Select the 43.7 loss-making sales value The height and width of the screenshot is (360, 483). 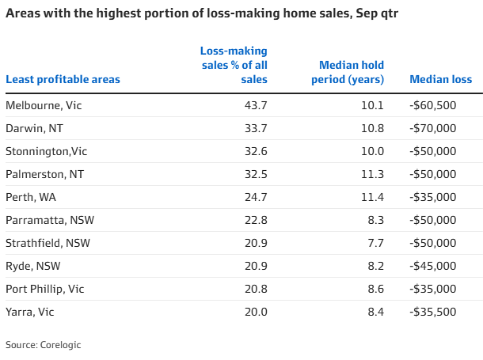(256, 105)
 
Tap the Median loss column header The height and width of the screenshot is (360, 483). (440, 79)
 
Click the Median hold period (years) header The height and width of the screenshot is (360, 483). (352, 72)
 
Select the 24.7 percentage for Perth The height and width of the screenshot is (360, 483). (256, 197)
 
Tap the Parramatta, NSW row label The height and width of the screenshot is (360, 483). (44, 220)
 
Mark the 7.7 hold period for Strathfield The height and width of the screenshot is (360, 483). (376, 243)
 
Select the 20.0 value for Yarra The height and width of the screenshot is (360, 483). (256, 312)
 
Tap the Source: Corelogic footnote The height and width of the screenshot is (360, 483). (44, 345)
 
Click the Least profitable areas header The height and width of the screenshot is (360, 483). (63, 79)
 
